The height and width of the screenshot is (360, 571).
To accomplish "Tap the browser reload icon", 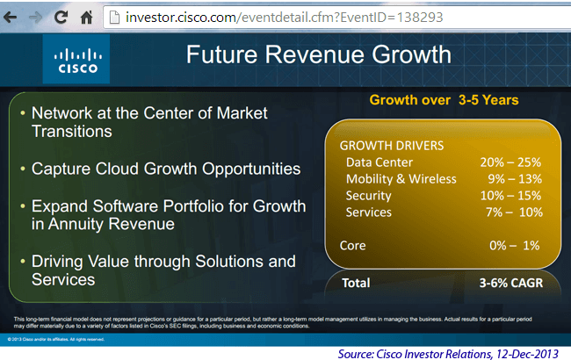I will point(61,16).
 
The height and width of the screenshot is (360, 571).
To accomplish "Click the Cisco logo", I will point(76,60).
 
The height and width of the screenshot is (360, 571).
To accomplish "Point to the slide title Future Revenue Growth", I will point(319,55).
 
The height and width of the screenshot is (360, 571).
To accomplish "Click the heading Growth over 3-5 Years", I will point(444,100).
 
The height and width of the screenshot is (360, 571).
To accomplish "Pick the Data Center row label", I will point(379,162).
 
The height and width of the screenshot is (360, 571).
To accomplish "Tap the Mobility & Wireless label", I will point(401,178).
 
